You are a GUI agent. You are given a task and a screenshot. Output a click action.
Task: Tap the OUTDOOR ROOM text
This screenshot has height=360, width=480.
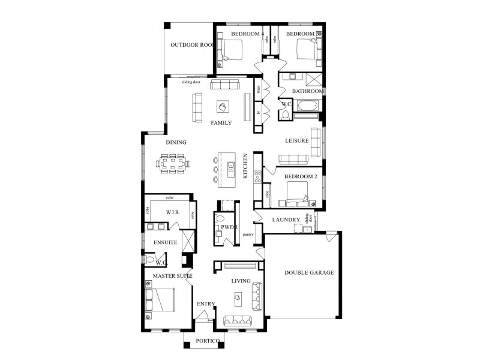[x=192, y=46]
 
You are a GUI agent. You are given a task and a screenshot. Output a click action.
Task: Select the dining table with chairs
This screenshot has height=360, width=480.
[x=173, y=162]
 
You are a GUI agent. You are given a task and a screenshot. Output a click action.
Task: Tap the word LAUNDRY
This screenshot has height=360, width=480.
[x=286, y=220]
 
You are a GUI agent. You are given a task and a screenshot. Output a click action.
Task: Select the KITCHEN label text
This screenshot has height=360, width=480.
[x=245, y=166]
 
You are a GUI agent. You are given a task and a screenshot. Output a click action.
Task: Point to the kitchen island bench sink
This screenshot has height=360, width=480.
[x=231, y=169]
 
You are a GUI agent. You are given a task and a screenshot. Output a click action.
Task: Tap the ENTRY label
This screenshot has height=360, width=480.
[x=205, y=304]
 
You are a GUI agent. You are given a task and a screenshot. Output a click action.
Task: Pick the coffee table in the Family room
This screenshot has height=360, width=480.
[x=223, y=107]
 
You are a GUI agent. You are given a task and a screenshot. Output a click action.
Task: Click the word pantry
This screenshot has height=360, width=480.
[x=248, y=235]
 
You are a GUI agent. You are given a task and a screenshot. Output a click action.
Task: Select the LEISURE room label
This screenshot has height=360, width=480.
[x=296, y=140]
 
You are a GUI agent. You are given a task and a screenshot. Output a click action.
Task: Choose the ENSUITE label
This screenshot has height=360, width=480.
[x=164, y=242]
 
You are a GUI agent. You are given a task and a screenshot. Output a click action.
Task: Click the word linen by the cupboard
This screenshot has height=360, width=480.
[x=258, y=91]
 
